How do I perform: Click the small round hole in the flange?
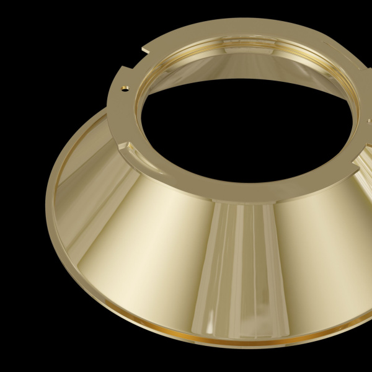(x=126, y=88)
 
